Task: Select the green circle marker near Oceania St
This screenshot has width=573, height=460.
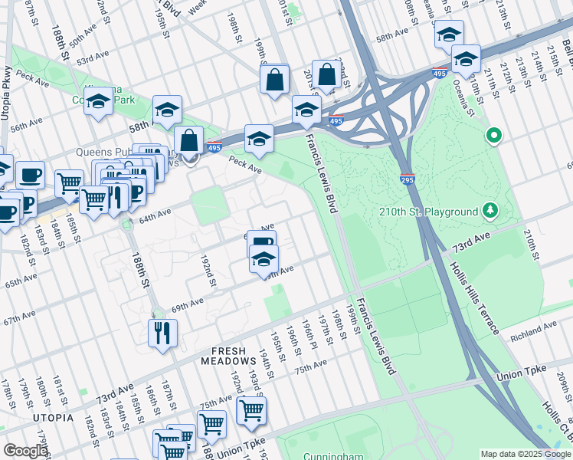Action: (494, 136)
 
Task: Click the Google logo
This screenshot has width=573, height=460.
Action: (25, 451)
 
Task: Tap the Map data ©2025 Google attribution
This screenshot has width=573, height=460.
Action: (526, 454)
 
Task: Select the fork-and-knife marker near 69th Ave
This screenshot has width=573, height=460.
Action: (162, 333)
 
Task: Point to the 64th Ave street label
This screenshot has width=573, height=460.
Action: (153, 218)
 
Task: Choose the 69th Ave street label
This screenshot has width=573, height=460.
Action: (188, 305)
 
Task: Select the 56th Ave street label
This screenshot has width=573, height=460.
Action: (26, 125)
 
